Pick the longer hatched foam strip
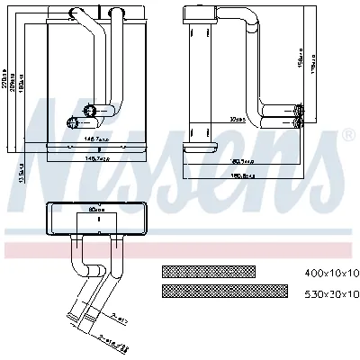[224, 292]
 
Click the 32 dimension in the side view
[213, 119]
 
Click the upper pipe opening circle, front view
[88, 110]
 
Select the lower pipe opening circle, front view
[73, 121]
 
